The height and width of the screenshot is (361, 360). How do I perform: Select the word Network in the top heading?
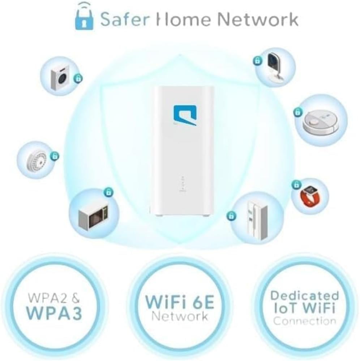click(258, 19)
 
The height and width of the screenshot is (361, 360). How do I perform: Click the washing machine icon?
click(60, 75)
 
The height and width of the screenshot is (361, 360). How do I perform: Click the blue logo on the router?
click(185, 115)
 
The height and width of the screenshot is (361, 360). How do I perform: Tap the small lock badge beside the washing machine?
click(78, 78)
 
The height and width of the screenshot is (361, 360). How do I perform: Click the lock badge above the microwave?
click(108, 192)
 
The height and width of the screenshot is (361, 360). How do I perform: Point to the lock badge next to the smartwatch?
click(297, 184)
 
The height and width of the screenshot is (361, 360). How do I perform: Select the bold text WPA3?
click(54, 313)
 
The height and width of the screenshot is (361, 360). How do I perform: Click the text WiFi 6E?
click(180, 302)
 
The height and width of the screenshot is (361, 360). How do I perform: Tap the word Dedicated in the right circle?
click(304, 295)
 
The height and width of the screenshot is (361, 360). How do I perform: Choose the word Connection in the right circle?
click(304, 321)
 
